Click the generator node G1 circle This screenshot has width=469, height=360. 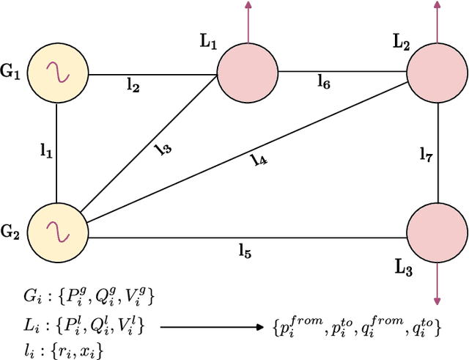click(56, 73)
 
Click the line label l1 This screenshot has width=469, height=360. click(45, 151)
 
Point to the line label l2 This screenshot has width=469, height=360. click(133, 87)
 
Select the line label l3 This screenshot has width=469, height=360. click(163, 149)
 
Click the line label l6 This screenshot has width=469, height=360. click(323, 82)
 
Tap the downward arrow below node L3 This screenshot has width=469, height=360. click(437, 283)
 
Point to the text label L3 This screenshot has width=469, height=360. click(404, 269)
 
